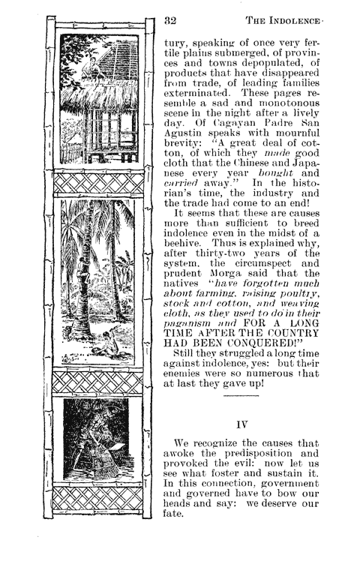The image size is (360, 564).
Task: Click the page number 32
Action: pyautogui.click(x=169, y=22)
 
